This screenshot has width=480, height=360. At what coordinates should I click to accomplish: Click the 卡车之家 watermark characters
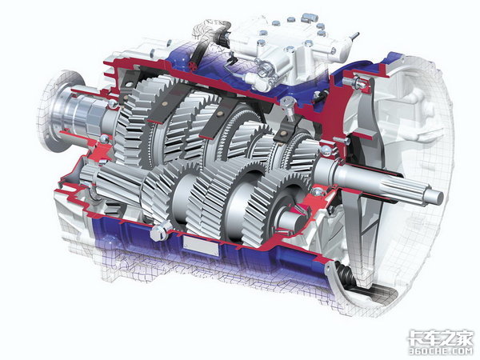(441, 338)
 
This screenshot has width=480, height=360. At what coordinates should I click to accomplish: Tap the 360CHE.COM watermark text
(441, 351)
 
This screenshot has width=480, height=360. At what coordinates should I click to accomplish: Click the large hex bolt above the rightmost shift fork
(288, 106)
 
